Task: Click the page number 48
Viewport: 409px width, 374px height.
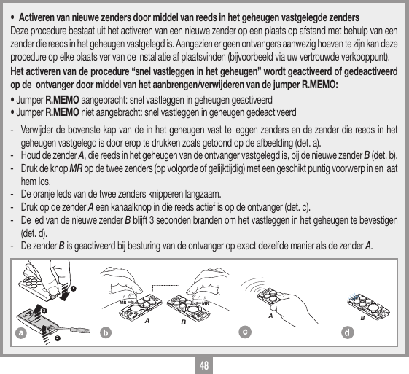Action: pyautogui.click(x=204, y=364)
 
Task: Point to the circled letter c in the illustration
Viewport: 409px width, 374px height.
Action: pyautogui.click(x=244, y=332)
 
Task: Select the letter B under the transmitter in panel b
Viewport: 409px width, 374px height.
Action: pyautogui.click(x=184, y=321)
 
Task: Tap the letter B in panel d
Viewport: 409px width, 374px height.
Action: pyautogui.click(x=362, y=319)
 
